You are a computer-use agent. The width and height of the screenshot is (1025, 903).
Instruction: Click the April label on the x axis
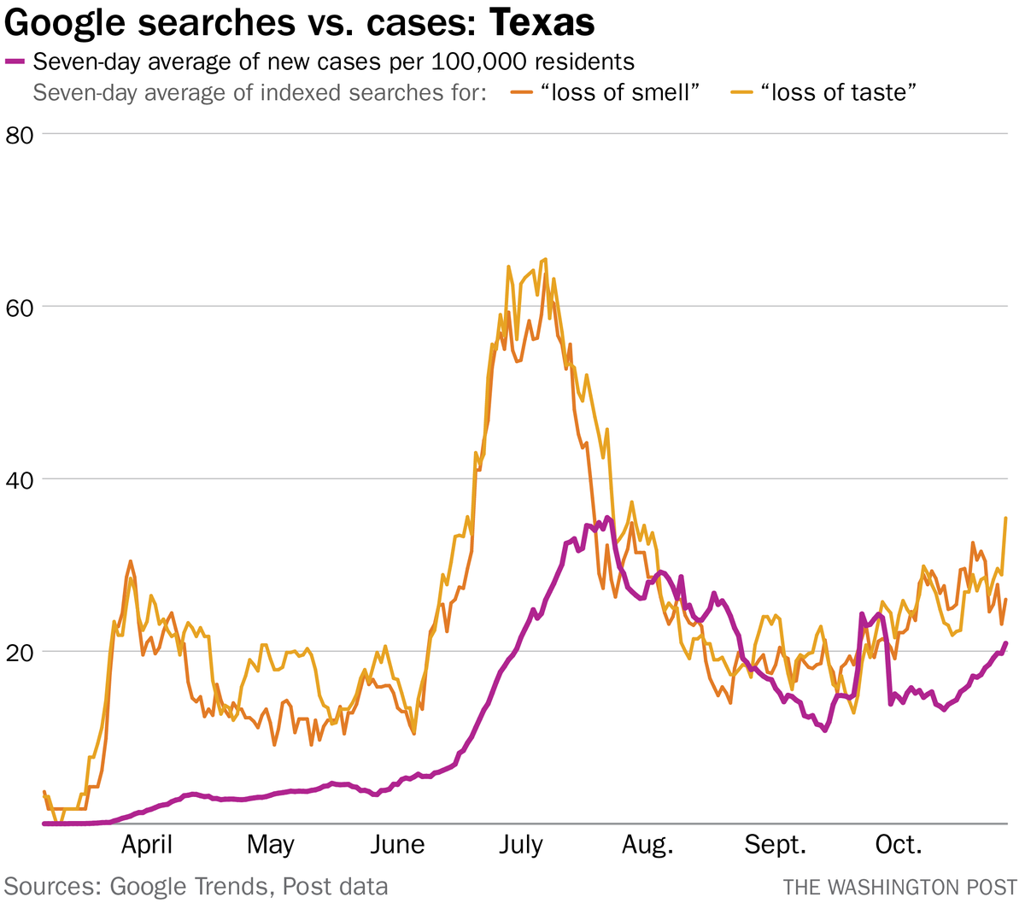pyautogui.click(x=147, y=846)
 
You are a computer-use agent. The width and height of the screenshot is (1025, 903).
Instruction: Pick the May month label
pyautogui.click(x=271, y=846)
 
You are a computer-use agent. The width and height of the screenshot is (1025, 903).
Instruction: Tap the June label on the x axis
pyautogui.click(x=397, y=846)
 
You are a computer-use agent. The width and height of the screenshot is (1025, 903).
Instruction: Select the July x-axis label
pyautogui.click(x=520, y=846)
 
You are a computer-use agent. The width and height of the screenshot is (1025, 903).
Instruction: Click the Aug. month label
pyautogui.click(x=647, y=846)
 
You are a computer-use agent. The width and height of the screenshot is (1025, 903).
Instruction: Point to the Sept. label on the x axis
pyautogui.click(x=775, y=846)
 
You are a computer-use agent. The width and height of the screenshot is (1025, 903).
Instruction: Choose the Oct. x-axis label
pyautogui.click(x=899, y=846)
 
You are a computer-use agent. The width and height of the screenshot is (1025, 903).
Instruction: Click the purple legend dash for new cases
pyautogui.click(x=15, y=62)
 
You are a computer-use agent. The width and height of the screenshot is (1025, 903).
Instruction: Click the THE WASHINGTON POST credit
pyautogui.click(x=900, y=887)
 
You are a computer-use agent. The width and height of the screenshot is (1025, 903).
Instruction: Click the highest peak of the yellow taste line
pyautogui.click(x=545, y=260)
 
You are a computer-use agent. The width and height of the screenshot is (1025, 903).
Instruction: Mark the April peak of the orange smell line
pyautogui.click(x=130, y=562)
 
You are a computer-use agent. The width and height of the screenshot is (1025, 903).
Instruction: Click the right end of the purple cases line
pyautogui.click(x=1005, y=643)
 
